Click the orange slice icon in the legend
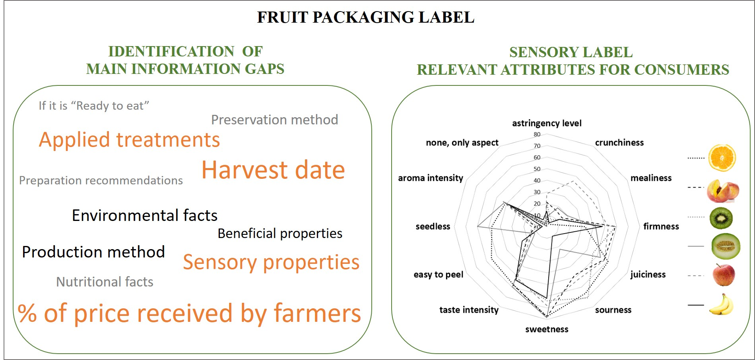pyautogui.click(x=722, y=158)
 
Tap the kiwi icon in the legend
pyautogui.click(x=721, y=218)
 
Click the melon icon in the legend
pyautogui.click(x=726, y=246)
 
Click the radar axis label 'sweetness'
pyautogui.click(x=547, y=329)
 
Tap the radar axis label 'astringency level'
pyautogui.click(x=547, y=124)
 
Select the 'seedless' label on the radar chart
pyautogui.click(x=433, y=226)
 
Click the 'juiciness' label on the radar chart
pyautogui.click(x=648, y=275)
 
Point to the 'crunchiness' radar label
pyautogui.click(x=619, y=143)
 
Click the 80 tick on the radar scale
pyautogui.click(x=537, y=134)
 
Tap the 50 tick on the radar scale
pyautogui.click(x=537, y=169)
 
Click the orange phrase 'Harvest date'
pyautogui.click(x=273, y=170)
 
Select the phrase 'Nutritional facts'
pyautogui.click(x=105, y=282)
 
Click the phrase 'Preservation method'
pyautogui.click(x=274, y=120)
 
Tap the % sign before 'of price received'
pyautogui.click(x=27, y=313)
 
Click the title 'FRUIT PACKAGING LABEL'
pyautogui.click(x=365, y=17)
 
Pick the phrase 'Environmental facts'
pyautogui.click(x=145, y=215)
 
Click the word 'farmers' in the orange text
pyautogui.click(x=317, y=313)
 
